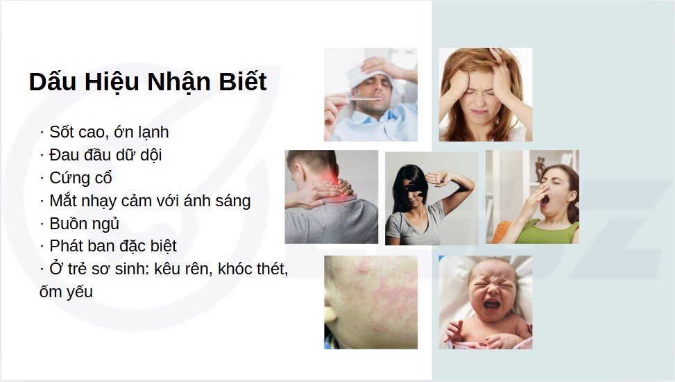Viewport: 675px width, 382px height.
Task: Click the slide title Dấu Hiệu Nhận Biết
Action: click(148, 82)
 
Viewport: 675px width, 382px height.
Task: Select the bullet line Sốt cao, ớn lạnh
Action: click(109, 133)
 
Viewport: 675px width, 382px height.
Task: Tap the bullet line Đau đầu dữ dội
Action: click(105, 155)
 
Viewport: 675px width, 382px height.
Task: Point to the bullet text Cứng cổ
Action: click(80, 178)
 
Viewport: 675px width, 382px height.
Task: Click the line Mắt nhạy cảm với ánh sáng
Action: click(150, 201)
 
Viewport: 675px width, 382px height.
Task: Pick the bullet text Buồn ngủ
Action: click(84, 224)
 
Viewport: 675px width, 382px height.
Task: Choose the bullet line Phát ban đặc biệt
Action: click(113, 246)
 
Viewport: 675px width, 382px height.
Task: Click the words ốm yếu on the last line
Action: click(67, 292)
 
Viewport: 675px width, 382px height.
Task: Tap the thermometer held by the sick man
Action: click(361, 99)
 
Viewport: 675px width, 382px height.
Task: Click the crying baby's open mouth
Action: click(491, 304)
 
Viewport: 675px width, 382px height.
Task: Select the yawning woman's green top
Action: click(547, 233)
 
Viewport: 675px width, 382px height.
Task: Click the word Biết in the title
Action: click(243, 82)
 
